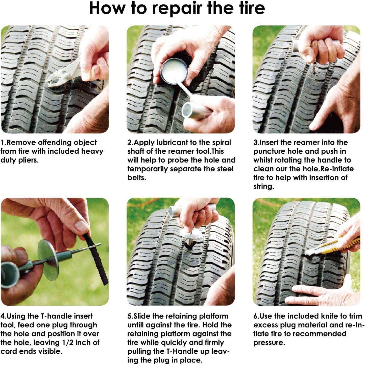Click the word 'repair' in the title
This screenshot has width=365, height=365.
coord(177,9)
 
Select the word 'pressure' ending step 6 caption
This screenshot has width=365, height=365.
coord(269,343)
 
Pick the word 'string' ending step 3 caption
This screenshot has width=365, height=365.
coord(263,187)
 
